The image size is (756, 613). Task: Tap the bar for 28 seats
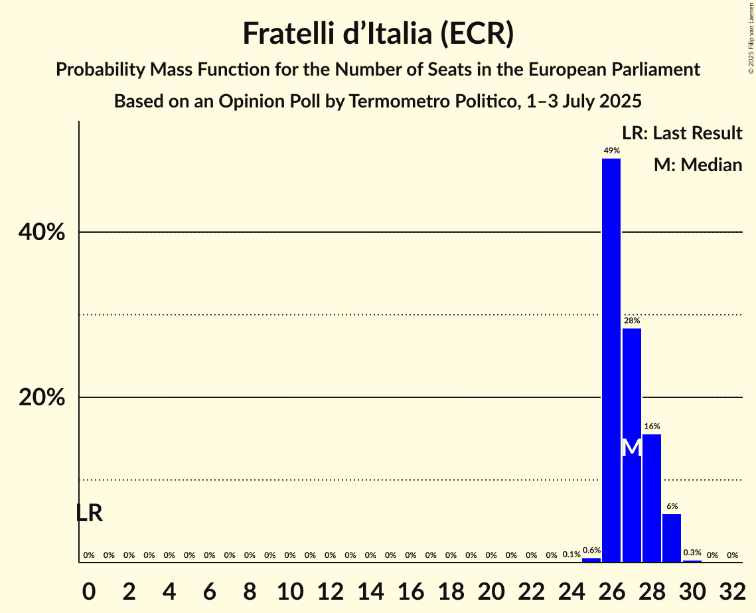pyautogui.click(x=651, y=498)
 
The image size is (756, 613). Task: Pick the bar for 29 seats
pyautogui.click(x=672, y=538)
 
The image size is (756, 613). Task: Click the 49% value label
pyautogui.click(x=611, y=151)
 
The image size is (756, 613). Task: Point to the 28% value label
pyautogui.click(x=631, y=320)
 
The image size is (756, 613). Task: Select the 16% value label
pyautogui.click(x=651, y=427)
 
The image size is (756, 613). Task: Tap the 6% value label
pyautogui.click(x=672, y=506)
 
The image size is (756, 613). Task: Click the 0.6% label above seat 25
pyautogui.click(x=591, y=550)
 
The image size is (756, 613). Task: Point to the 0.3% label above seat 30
pyautogui.click(x=692, y=553)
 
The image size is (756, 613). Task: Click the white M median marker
pyautogui.click(x=632, y=448)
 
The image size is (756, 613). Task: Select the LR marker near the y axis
pyautogui.click(x=89, y=513)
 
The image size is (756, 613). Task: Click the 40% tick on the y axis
pyautogui.click(x=42, y=233)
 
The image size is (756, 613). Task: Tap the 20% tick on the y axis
pyautogui.click(x=42, y=398)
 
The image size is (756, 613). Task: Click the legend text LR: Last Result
pyautogui.click(x=682, y=133)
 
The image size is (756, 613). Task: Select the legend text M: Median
pyautogui.click(x=697, y=165)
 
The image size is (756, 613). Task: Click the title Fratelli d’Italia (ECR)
pyautogui.click(x=378, y=34)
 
